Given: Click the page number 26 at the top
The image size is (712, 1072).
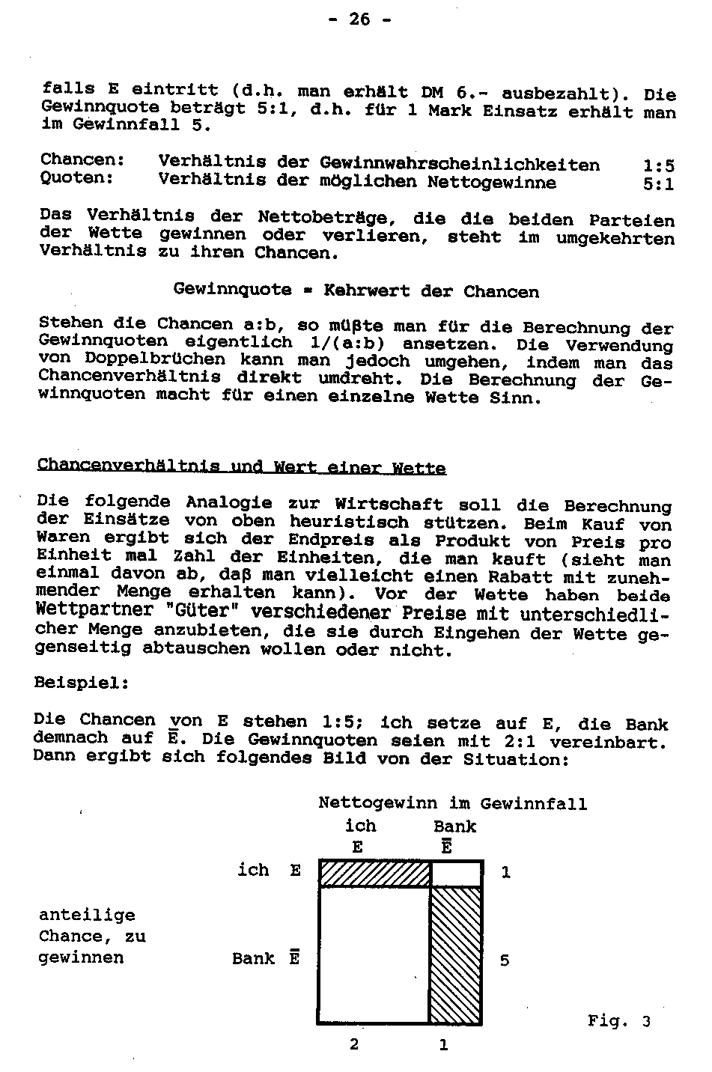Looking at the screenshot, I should (x=359, y=19).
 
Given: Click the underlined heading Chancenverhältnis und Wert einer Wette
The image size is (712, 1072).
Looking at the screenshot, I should (x=241, y=467).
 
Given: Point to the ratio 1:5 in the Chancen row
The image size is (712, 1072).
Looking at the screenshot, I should (x=658, y=165).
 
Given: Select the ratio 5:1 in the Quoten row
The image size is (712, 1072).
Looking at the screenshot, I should (x=658, y=183).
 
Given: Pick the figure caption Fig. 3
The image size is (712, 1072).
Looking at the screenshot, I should (x=618, y=1021).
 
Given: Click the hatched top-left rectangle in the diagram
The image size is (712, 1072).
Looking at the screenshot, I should (x=374, y=874).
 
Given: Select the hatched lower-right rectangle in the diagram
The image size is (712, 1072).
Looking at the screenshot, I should (x=455, y=954).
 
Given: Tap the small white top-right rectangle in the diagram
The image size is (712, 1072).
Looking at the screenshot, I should (x=456, y=874).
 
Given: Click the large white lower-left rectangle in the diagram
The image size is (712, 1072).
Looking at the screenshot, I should (x=373, y=954).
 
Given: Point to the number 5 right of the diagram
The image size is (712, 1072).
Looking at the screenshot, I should (x=505, y=960).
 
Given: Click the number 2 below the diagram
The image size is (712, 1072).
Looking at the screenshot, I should (x=353, y=1044).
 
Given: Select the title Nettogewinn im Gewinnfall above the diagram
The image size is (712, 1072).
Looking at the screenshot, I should (x=452, y=804).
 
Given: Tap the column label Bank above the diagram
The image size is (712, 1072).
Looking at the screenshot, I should (x=454, y=826).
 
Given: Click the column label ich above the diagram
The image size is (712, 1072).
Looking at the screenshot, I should (x=360, y=826).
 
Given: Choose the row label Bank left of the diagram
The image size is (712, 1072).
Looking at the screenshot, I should (x=253, y=959).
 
